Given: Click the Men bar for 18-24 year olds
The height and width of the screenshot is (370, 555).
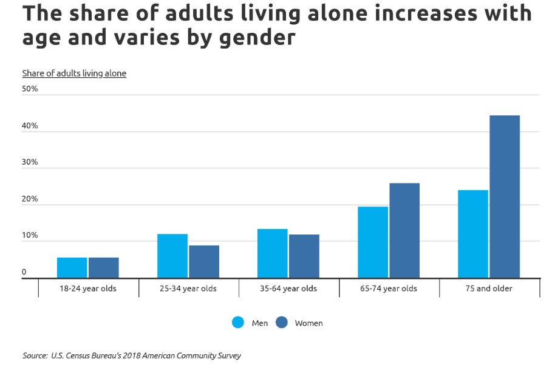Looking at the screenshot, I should pos(72,267).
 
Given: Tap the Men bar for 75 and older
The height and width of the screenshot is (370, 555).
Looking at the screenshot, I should pos(473,234).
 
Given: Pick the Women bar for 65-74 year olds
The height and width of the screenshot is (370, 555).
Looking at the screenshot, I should pos(404,230).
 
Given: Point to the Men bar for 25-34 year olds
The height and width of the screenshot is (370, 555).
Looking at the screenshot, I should pos(172,256).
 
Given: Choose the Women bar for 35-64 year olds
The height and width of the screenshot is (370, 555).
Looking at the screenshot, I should pos(304,256).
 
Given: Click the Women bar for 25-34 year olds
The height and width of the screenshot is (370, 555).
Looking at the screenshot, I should pos(204,261).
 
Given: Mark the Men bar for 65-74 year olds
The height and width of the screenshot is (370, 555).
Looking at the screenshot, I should pos(373,242).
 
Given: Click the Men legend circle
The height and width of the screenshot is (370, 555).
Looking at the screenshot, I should pos(238,323).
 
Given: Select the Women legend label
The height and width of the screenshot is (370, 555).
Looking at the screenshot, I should pos(308,323).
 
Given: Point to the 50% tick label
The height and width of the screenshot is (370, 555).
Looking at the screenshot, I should pos(30,89).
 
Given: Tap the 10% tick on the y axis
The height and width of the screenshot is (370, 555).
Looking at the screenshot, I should pos(30,235).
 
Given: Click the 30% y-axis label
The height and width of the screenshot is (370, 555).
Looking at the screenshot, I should pos(30,162).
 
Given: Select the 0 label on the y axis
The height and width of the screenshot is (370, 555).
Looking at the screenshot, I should pos(24,272).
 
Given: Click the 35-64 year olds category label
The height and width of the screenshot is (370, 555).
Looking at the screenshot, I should pos(288,289).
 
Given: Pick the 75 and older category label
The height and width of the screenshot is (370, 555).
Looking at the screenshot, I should pos(489,289).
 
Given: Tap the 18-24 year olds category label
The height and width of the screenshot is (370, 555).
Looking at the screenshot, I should pos(88,289).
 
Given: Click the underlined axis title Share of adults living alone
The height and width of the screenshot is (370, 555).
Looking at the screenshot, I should pos(74,74).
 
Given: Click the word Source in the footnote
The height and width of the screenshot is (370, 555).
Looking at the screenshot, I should pos(34,355).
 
